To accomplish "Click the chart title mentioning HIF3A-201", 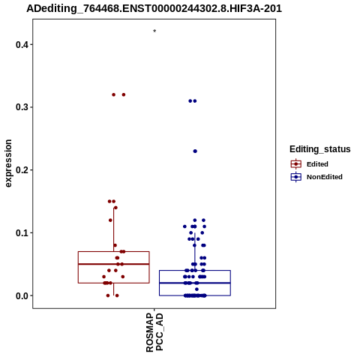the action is (x=154, y=9).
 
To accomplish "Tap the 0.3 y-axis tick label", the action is (x=21, y=107).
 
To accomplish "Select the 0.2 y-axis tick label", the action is (x=21, y=170).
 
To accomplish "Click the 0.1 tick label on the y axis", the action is (x=21, y=233).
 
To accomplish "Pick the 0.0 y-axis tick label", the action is (x=21, y=295).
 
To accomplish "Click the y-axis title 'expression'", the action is (x=8, y=163).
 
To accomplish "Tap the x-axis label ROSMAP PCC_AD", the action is (x=154, y=332).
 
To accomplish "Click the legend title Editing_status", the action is (x=320, y=149).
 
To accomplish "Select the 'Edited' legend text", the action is (x=317, y=164).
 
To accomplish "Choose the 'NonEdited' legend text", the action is (x=325, y=177).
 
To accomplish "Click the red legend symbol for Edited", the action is (x=296, y=164).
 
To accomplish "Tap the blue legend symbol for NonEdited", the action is (x=296, y=177).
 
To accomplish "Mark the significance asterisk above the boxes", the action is (x=154, y=31).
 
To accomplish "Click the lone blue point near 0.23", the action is (x=195, y=151).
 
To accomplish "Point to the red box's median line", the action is (x=114, y=264).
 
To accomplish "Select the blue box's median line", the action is (x=195, y=283).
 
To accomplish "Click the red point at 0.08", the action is (x=115, y=245).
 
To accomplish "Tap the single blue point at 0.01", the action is (x=196, y=289).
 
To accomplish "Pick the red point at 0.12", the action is (x=110, y=220).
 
